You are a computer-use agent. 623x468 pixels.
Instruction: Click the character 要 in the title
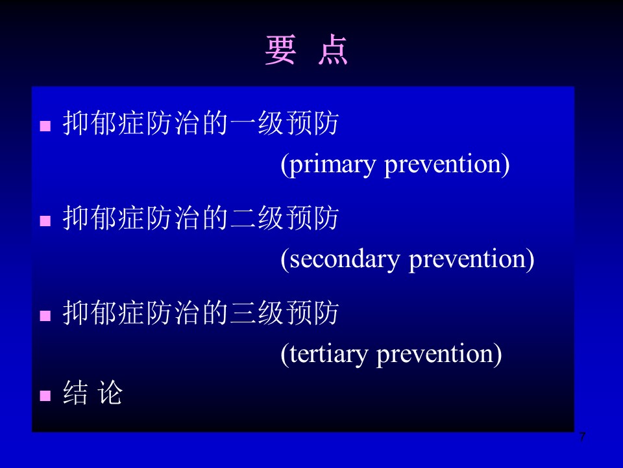click(280, 50)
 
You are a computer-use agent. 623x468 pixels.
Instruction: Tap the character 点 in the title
click(333, 50)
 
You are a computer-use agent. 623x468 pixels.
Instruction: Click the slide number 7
click(582, 437)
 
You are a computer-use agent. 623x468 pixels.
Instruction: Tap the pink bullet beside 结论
click(45, 396)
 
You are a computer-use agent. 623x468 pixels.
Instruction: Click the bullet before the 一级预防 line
click(45, 125)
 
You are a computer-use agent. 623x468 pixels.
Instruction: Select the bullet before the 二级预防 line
click(45, 221)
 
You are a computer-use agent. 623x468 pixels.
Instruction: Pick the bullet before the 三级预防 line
click(45, 316)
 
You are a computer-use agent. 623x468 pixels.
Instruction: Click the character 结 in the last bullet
click(75, 393)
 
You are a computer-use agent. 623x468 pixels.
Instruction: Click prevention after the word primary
click(446, 164)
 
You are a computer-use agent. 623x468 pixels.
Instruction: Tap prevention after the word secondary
click(471, 259)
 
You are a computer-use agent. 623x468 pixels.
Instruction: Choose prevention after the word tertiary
click(439, 354)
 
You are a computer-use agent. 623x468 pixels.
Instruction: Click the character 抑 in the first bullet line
click(75, 123)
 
